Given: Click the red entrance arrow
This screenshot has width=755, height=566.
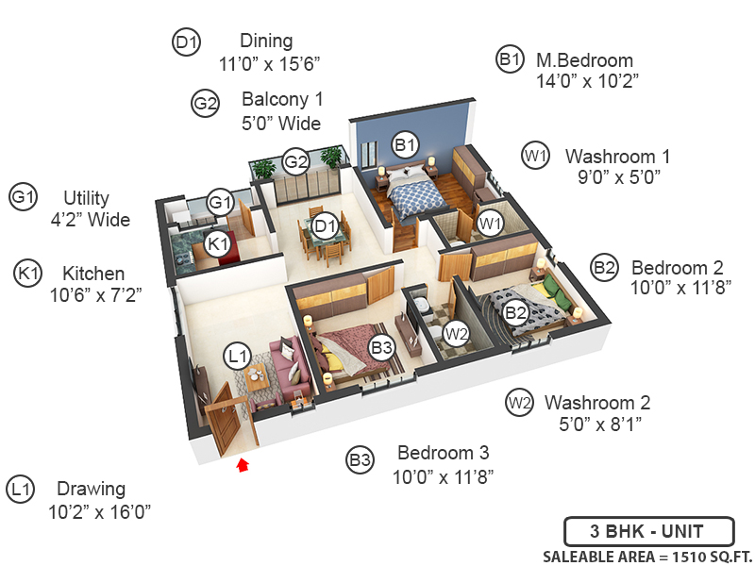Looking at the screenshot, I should pos(243,463).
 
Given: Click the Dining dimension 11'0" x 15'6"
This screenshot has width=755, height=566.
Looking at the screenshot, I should pos(270,64).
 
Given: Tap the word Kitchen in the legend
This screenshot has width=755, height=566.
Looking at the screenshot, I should pos(93,274).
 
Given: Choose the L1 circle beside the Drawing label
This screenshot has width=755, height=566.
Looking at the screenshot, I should pos(20,490).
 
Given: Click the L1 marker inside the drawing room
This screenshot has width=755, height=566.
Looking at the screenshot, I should pos(237,357).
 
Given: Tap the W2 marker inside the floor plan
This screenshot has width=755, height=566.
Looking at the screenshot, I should pos(457,333).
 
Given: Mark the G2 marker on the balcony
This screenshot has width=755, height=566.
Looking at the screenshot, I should pos(296,161).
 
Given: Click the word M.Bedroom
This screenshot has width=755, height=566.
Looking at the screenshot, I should pos(584,60).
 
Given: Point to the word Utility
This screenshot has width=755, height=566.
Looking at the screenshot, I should pos(87,198).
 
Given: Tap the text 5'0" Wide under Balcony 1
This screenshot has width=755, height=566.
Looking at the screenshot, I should pos(281,124).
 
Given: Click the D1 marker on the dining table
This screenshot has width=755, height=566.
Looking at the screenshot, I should pos(326,226).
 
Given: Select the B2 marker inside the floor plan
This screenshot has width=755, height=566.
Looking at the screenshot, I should pos(515,312).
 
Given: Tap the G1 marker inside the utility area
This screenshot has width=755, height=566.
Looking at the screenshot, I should pos(220,202).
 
